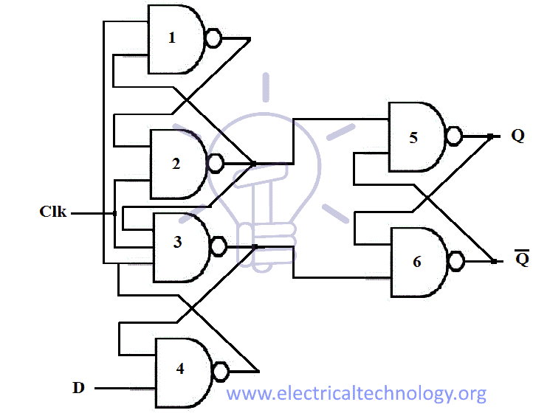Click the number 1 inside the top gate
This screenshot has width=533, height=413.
point(172,38)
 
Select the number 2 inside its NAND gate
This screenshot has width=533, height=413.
point(176,164)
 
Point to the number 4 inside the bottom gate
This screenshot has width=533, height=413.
point(180,369)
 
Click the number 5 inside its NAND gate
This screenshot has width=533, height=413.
point(413,137)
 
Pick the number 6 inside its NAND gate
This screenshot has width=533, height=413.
point(417,262)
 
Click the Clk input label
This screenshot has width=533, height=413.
point(53,212)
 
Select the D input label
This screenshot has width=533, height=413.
point(78,387)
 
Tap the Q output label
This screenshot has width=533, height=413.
point(517,136)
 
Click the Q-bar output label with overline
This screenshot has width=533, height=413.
point(521,259)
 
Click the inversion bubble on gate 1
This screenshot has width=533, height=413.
point(213,38)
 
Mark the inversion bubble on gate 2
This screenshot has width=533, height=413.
point(216,163)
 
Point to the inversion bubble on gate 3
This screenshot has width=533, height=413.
point(219,246)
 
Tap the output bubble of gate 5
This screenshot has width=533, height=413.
point(454,136)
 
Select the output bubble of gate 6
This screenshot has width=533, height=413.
point(457,261)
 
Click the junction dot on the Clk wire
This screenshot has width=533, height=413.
point(115,213)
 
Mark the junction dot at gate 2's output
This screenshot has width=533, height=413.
point(254,163)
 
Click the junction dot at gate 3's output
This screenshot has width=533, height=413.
point(254,246)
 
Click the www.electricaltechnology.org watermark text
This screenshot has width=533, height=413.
point(356,393)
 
